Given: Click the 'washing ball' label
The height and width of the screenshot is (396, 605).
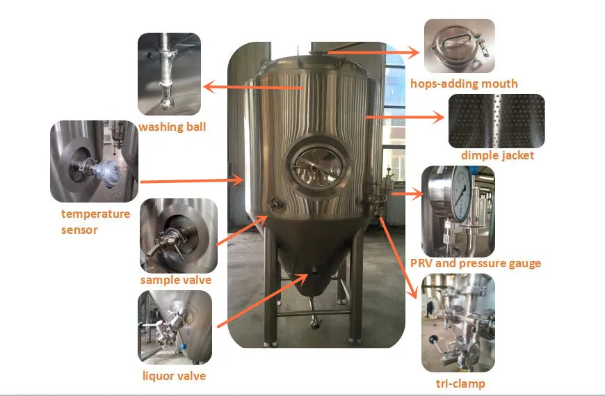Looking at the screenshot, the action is click(x=172, y=127).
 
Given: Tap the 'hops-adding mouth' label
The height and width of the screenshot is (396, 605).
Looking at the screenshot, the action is click(x=464, y=84).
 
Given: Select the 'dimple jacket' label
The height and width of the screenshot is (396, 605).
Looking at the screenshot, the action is click(x=497, y=155).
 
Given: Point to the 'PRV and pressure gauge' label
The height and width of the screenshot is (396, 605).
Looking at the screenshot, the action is click(x=476, y=263).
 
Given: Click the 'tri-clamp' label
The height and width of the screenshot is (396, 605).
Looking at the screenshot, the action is click(x=460, y=383).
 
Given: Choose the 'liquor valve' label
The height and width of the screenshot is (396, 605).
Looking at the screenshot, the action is click(x=174, y=376).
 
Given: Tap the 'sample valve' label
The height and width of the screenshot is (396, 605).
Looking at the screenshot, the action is click(x=175, y=280).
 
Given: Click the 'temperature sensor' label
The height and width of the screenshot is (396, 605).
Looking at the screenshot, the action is click(x=95, y=221).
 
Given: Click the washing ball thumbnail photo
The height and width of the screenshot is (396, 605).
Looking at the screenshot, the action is click(x=169, y=74).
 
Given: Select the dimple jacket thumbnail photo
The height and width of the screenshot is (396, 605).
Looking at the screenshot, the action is click(x=497, y=121).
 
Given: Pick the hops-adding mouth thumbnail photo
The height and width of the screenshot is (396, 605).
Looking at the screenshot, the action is click(x=459, y=45).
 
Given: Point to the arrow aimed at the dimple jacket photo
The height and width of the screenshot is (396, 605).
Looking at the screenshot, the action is click(x=405, y=116).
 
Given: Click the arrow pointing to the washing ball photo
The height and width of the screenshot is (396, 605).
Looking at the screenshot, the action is click(x=253, y=87).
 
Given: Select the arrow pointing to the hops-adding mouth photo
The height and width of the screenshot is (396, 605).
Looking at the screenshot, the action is click(x=373, y=52).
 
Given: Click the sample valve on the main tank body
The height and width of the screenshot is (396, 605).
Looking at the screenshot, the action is click(x=276, y=203).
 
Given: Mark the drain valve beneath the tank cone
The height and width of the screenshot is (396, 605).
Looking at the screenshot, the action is click(x=315, y=321).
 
